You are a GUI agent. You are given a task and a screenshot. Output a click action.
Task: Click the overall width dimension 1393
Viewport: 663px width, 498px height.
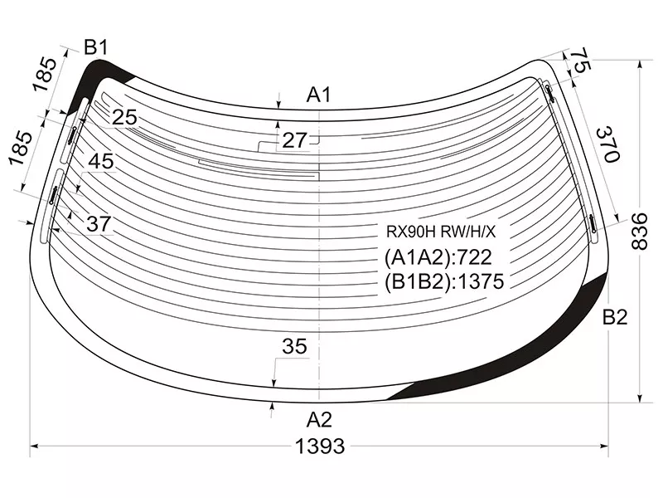(x=320, y=447)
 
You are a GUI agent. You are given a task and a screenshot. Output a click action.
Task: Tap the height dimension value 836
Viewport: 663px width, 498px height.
(x=639, y=232)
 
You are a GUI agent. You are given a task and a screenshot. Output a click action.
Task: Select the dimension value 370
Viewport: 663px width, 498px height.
(x=608, y=144)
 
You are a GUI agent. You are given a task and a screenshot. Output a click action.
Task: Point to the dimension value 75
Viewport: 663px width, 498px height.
(x=580, y=60)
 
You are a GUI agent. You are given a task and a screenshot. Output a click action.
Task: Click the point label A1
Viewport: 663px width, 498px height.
(x=319, y=95)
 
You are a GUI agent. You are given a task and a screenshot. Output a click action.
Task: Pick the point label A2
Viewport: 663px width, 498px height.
(x=319, y=420)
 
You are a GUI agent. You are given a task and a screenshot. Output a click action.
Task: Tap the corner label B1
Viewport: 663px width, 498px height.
(x=96, y=47)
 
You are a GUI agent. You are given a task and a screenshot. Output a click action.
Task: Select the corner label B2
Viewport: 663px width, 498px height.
(x=615, y=317)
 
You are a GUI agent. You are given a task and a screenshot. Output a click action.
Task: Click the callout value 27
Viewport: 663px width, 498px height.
(x=294, y=140)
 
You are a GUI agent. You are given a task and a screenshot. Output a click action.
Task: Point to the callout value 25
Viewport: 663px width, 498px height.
(x=124, y=117)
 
